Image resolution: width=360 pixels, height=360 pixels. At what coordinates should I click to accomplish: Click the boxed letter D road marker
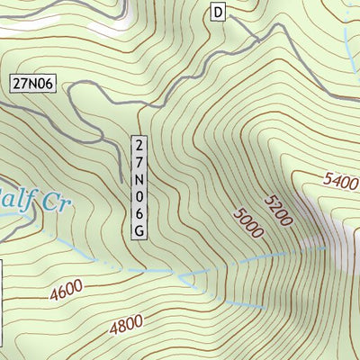tap(218, 11)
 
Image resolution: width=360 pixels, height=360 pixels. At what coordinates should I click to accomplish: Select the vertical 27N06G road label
tap(139, 188)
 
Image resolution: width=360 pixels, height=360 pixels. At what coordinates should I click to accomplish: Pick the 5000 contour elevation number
tap(247, 222)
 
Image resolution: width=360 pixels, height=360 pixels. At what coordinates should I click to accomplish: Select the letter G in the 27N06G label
tap(139, 231)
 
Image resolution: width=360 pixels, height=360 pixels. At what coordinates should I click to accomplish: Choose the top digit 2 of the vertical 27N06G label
tap(139, 145)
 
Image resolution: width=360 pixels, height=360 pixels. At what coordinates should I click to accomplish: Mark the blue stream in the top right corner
tap(346, 31)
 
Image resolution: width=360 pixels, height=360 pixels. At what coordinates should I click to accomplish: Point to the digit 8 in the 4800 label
tap(121, 325)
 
